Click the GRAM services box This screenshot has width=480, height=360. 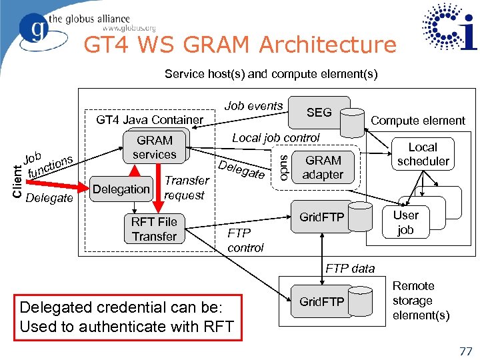154,147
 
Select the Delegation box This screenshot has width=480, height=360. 121,189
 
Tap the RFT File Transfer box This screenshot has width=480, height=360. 154,229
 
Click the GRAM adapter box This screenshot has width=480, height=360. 323,167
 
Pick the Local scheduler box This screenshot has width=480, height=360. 423,154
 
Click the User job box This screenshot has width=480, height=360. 405,223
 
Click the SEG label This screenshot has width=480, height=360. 319,113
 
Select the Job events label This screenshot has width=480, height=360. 253,106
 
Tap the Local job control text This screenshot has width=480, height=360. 275,138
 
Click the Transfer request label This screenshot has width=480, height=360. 186,188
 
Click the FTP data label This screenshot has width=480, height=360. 350,269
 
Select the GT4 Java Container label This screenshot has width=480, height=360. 149,120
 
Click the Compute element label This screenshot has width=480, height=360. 417,121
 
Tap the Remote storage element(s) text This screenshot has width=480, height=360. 421,301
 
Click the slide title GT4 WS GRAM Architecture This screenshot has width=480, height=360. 239,45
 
